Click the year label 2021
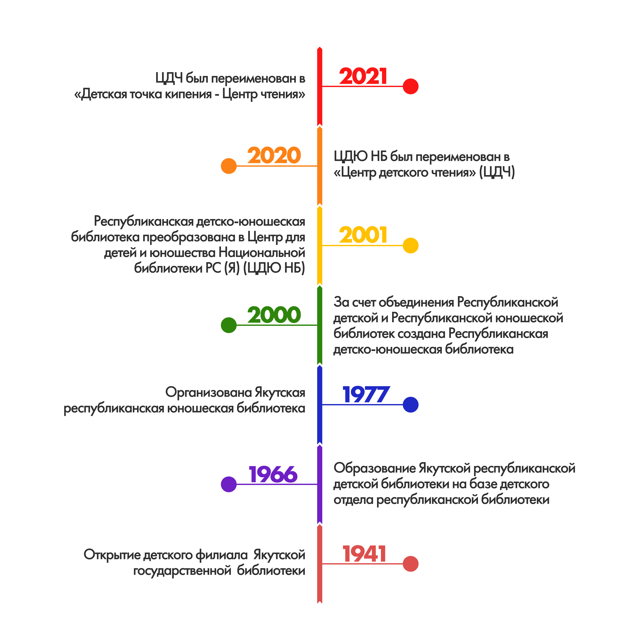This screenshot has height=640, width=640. coord(363,77)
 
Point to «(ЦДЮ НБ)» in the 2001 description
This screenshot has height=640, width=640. coord(274,268)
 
